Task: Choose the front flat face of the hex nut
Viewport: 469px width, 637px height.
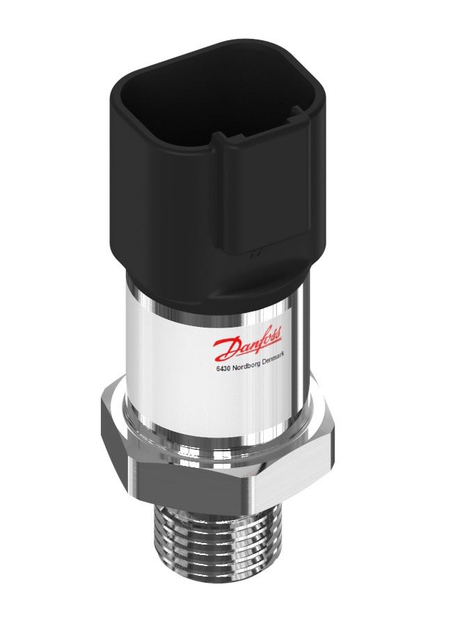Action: pos(202,487)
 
